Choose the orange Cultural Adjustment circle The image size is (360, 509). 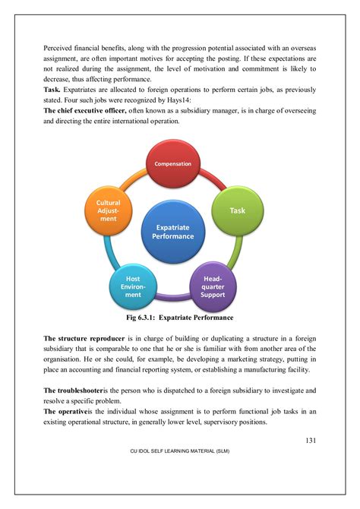coord(109,211)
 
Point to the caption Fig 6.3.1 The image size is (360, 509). coord(181,318)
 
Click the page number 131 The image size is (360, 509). coord(311,440)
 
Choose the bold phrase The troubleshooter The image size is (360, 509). coord(74,389)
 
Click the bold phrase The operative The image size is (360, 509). coord(65,411)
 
